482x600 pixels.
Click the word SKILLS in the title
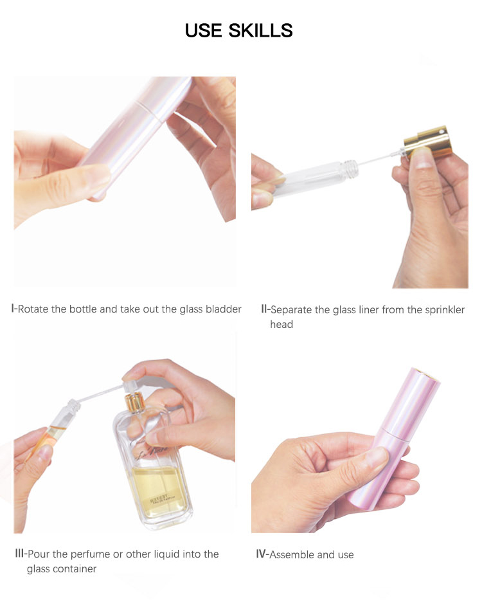point(260,31)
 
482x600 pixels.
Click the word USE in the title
point(204,31)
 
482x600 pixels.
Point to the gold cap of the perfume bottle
point(135,402)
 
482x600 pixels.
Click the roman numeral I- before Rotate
point(14,309)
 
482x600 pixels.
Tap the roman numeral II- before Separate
point(265,309)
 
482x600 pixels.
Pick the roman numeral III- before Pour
point(21,554)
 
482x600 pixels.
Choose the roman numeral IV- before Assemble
point(262,554)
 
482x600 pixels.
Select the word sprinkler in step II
point(445,310)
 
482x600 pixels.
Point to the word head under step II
point(281,324)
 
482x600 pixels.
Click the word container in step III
point(75,568)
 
